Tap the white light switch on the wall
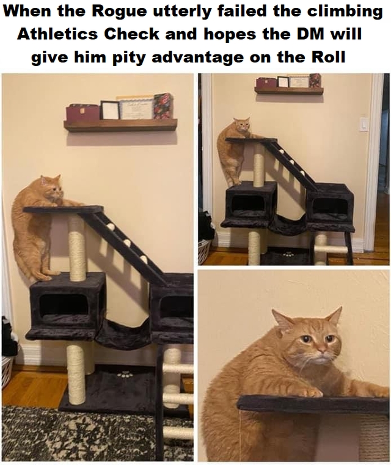364,124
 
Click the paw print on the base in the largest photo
125,374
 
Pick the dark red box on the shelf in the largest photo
82,113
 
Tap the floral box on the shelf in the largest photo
163,106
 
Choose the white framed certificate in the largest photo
136,108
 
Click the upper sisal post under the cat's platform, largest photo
77,247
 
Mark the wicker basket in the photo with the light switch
204,250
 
